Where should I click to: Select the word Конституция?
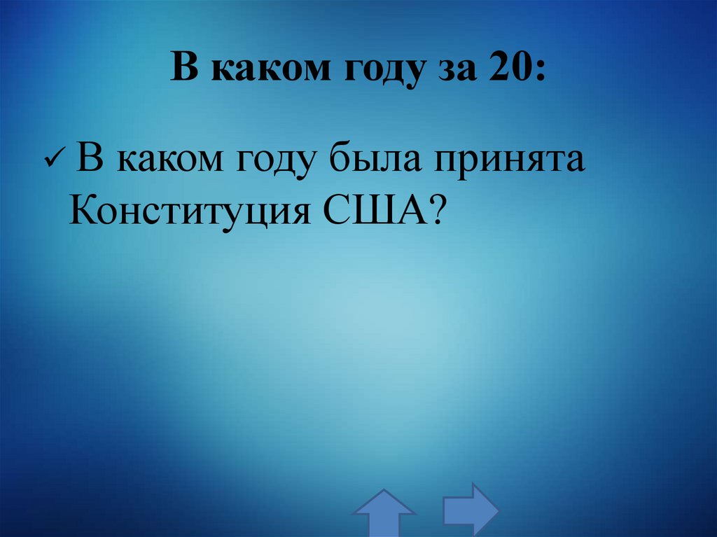click(189, 211)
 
